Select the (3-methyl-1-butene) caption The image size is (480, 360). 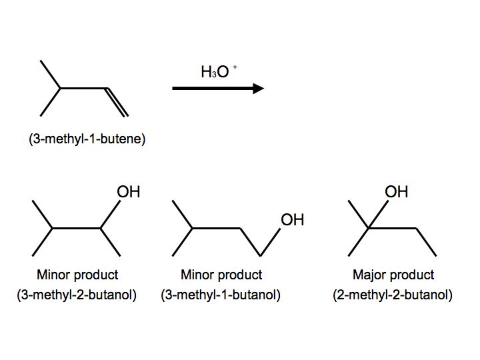(x=87, y=140)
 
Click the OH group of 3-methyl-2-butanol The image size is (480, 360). (x=129, y=192)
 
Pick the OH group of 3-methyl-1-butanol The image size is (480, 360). (x=292, y=220)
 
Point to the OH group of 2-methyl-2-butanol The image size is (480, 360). (x=396, y=192)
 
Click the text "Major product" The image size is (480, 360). (x=393, y=275)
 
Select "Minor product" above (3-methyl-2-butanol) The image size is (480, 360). (x=77, y=275)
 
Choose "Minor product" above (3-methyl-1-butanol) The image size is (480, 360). (x=221, y=275)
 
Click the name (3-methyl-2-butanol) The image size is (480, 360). (x=77, y=295)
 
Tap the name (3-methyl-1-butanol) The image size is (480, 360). (x=221, y=295)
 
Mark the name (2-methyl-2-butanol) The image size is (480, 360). (x=393, y=295)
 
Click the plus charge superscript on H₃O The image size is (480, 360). (x=234, y=67)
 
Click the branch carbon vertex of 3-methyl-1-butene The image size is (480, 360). (x=61, y=88)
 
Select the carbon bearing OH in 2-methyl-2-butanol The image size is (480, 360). (x=370, y=229)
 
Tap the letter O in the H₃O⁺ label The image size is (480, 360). (x=223, y=72)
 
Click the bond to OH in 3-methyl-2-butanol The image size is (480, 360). (x=111, y=214)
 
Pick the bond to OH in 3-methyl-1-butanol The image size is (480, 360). (x=269, y=242)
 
